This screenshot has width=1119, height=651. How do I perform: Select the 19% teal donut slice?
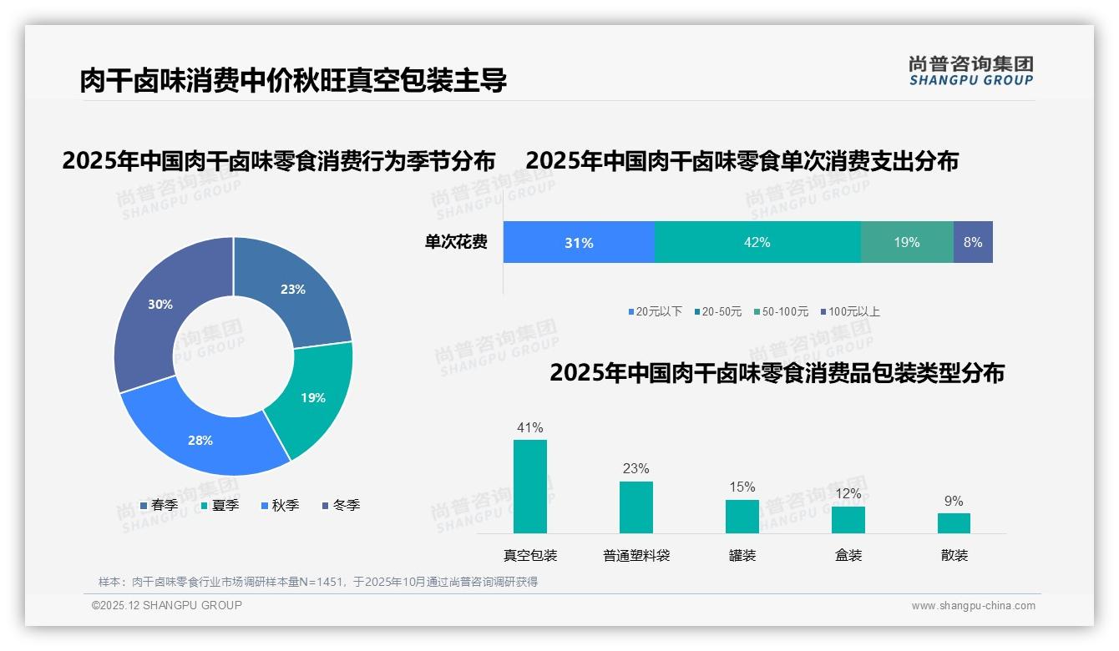pyautogui.click(x=313, y=398)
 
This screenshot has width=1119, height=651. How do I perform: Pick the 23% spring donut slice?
pyautogui.click(x=292, y=290)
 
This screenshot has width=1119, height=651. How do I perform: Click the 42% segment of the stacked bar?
pyautogui.click(x=757, y=242)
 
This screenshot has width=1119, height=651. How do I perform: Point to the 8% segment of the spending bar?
pyautogui.click(x=973, y=242)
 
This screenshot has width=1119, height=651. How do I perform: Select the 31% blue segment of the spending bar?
pyautogui.click(x=579, y=242)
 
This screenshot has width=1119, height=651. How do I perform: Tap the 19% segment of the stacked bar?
pyautogui.click(x=907, y=242)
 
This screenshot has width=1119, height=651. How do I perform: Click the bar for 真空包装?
pyautogui.click(x=530, y=487)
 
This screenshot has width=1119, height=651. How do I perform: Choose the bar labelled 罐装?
pyautogui.click(x=742, y=517)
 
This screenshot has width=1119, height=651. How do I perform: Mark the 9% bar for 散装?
pyautogui.click(x=954, y=523)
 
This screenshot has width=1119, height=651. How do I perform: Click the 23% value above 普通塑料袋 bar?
pyautogui.click(x=635, y=469)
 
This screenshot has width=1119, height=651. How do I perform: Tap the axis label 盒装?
pyautogui.click(x=848, y=555)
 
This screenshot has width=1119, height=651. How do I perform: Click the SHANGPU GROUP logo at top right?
pyautogui.click(x=970, y=71)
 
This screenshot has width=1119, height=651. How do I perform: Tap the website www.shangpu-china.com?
pyautogui.click(x=973, y=605)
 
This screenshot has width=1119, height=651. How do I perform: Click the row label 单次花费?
pyautogui.click(x=456, y=242)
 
